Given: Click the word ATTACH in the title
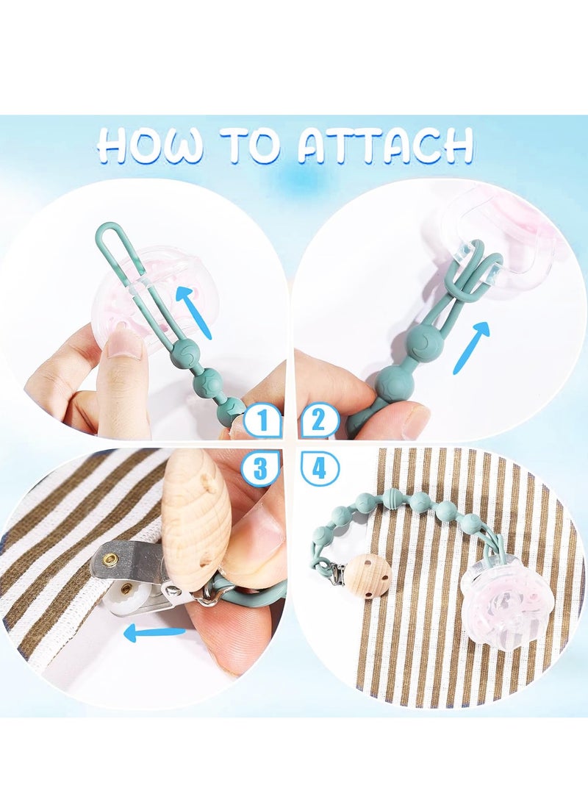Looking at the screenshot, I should [x=385, y=146].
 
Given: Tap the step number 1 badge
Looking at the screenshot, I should [x=262, y=422].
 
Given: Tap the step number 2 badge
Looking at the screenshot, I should [x=318, y=421].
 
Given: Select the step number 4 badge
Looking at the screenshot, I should [x=319, y=468].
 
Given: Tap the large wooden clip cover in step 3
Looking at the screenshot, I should [x=196, y=522].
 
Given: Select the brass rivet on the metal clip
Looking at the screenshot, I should [x=110, y=561].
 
